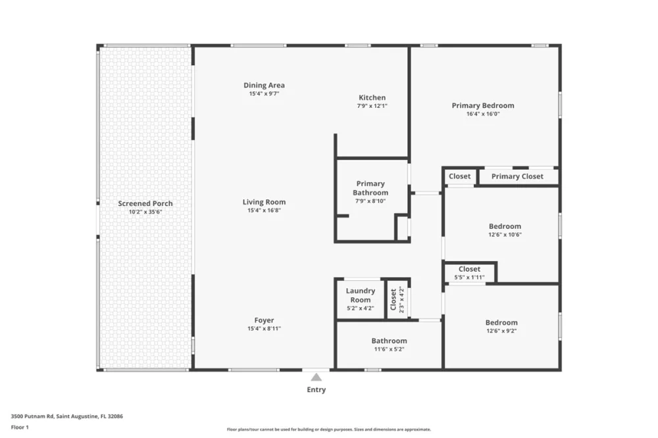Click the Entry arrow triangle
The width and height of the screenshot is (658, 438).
click(x=316, y=377)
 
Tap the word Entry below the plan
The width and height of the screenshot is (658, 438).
click(x=316, y=390)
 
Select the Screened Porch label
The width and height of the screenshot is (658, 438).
click(x=145, y=203)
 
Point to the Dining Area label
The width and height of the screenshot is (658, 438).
click(x=264, y=85)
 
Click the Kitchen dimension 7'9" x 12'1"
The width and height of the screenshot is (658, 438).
click(x=372, y=106)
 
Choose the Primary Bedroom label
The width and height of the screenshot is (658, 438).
click(x=483, y=106)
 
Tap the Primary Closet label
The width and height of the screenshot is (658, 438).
click(x=517, y=177)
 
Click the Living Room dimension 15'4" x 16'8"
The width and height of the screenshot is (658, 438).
click(x=264, y=210)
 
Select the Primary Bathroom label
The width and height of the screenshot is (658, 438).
click(x=370, y=188)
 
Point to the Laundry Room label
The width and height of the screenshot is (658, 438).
click(x=361, y=295)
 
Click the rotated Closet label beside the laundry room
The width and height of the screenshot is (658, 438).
click(x=393, y=299)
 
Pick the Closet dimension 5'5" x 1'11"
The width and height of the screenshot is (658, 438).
click(x=470, y=278)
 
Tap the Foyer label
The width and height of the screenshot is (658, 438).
click(x=264, y=320)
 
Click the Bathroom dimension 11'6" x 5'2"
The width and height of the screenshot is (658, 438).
click(x=389, y=349)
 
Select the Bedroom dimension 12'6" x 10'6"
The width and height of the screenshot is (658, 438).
click(x=505, y=235)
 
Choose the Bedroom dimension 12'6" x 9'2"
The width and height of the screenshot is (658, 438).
click(x=501, y=331)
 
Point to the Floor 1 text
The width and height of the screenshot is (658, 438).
click(x=20, y=427)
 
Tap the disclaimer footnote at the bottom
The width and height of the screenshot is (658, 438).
click(x=329, y=429)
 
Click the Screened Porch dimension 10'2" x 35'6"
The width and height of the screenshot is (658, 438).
click(x=145, y=212)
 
